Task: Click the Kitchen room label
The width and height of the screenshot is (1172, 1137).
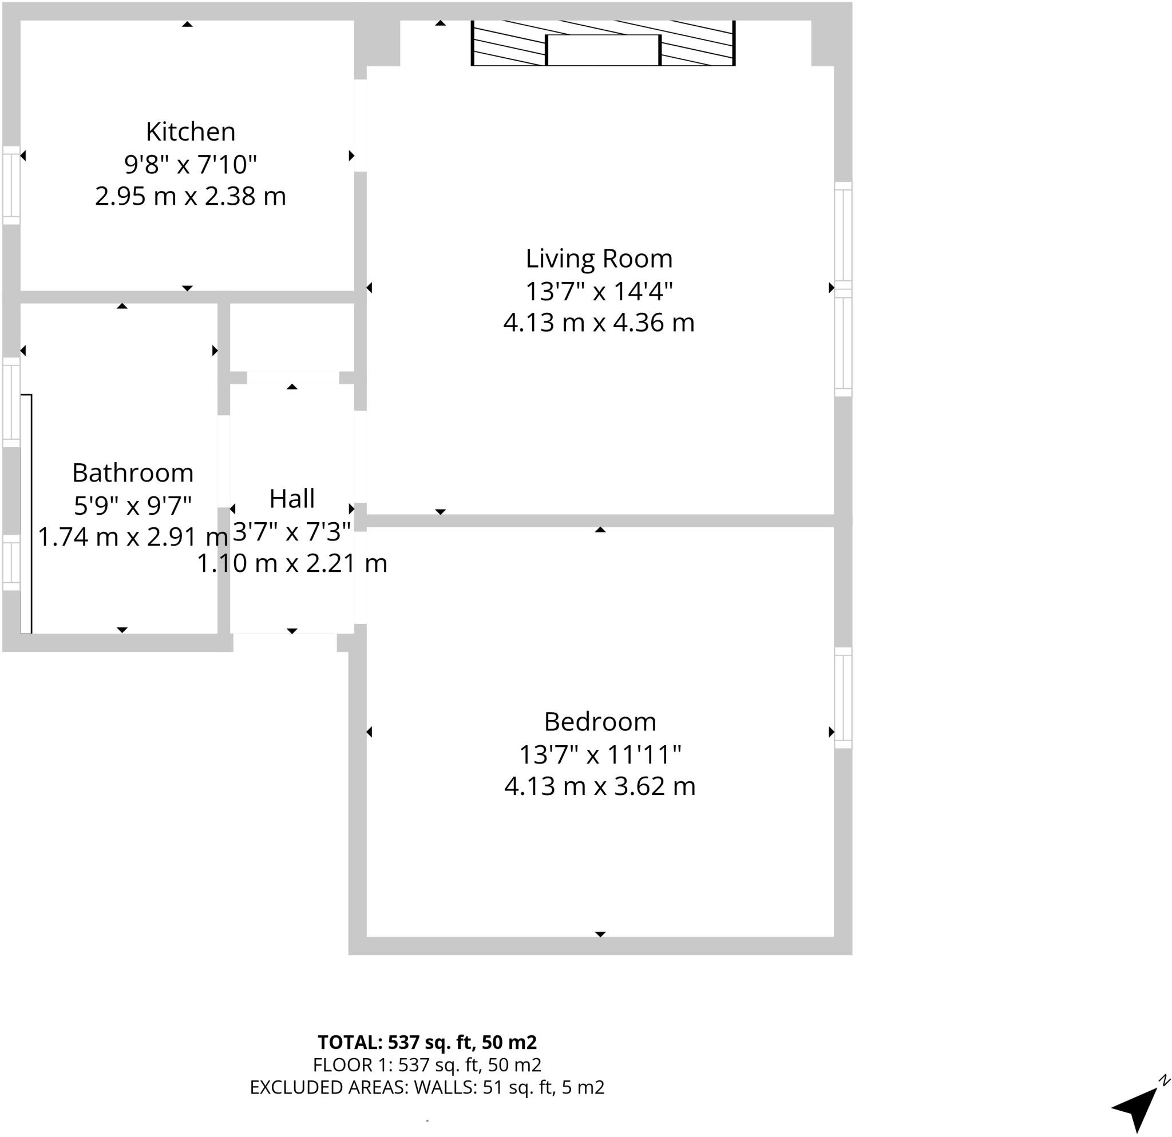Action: tap(190, 132)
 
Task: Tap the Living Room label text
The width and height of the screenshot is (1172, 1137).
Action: tap(599, 259)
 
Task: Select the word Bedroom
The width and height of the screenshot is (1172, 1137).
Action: tap(600, 722)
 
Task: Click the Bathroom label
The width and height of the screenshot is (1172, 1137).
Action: tap(133, 473)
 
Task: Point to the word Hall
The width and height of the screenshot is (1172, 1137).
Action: tap(292, 499)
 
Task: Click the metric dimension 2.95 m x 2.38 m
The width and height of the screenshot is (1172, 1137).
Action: tap(190, 197)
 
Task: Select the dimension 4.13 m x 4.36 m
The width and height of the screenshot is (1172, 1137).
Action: tap(599, 323)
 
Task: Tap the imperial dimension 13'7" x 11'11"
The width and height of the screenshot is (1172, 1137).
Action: tap(600, 754)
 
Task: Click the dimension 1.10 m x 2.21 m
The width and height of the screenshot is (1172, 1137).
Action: tap(292, 563)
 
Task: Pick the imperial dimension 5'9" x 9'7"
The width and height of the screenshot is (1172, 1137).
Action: tap(133, 506)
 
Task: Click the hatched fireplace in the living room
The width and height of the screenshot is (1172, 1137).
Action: tap(603, 43)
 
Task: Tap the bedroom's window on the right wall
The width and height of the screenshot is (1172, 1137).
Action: tap(842, 698)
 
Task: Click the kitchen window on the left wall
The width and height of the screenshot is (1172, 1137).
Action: tap(11, 185)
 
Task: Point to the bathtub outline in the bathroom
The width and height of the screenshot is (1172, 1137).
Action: tap(26, 514)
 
